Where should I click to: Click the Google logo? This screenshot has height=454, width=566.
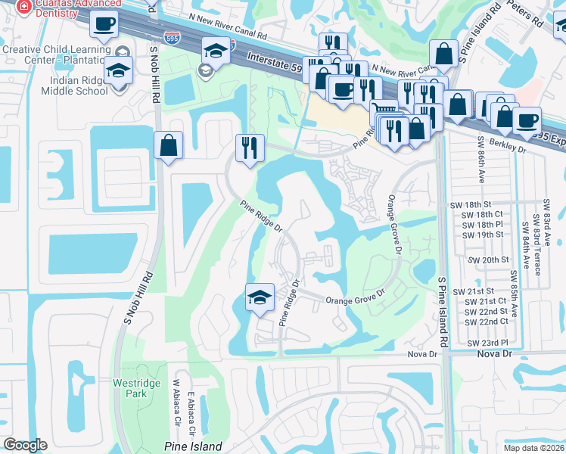[25, 445]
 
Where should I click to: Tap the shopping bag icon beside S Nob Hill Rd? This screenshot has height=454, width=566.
[168, 145]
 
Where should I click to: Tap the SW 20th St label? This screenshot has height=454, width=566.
[488, 260]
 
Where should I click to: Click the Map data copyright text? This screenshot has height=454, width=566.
[533, 448]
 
